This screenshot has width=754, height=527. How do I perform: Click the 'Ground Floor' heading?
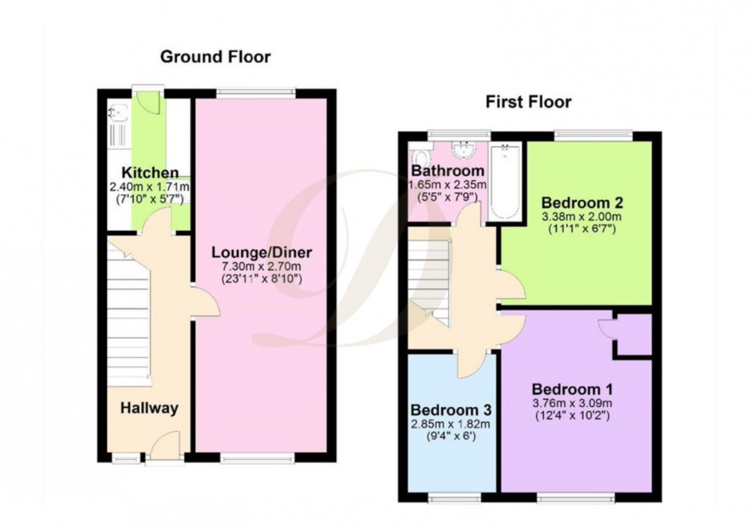215,57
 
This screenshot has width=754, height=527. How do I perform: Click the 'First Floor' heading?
528,102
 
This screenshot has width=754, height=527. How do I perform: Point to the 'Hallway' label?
148,409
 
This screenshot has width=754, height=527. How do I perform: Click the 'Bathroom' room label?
448,171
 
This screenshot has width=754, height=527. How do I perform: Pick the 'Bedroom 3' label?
451,409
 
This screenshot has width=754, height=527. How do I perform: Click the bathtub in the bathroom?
506,181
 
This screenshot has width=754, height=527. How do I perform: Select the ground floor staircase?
127,319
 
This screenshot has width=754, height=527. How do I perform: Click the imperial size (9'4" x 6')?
451,437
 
